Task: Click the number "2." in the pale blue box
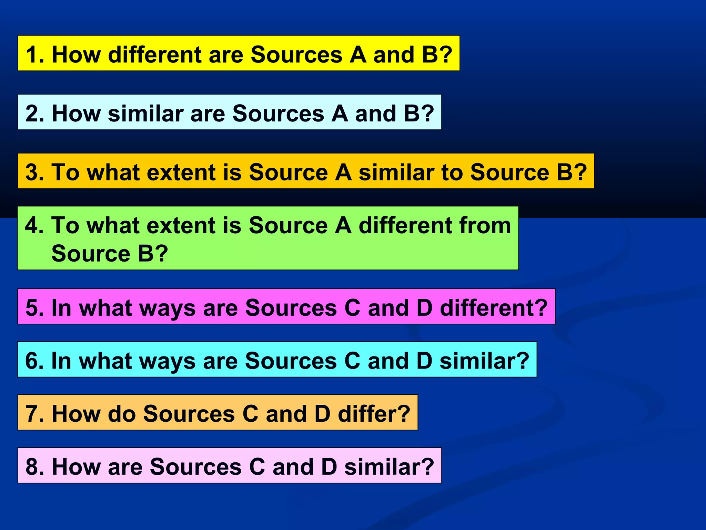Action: point(35,114)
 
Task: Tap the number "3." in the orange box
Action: point(35,172)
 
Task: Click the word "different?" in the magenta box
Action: point(494,307)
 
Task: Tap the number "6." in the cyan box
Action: point(34,361)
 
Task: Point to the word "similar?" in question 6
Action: point(484,361)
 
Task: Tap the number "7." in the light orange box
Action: point(35,413)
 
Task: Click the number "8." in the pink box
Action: point(35,467)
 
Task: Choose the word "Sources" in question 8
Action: point(195,467)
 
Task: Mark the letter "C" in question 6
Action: point(352,361)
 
